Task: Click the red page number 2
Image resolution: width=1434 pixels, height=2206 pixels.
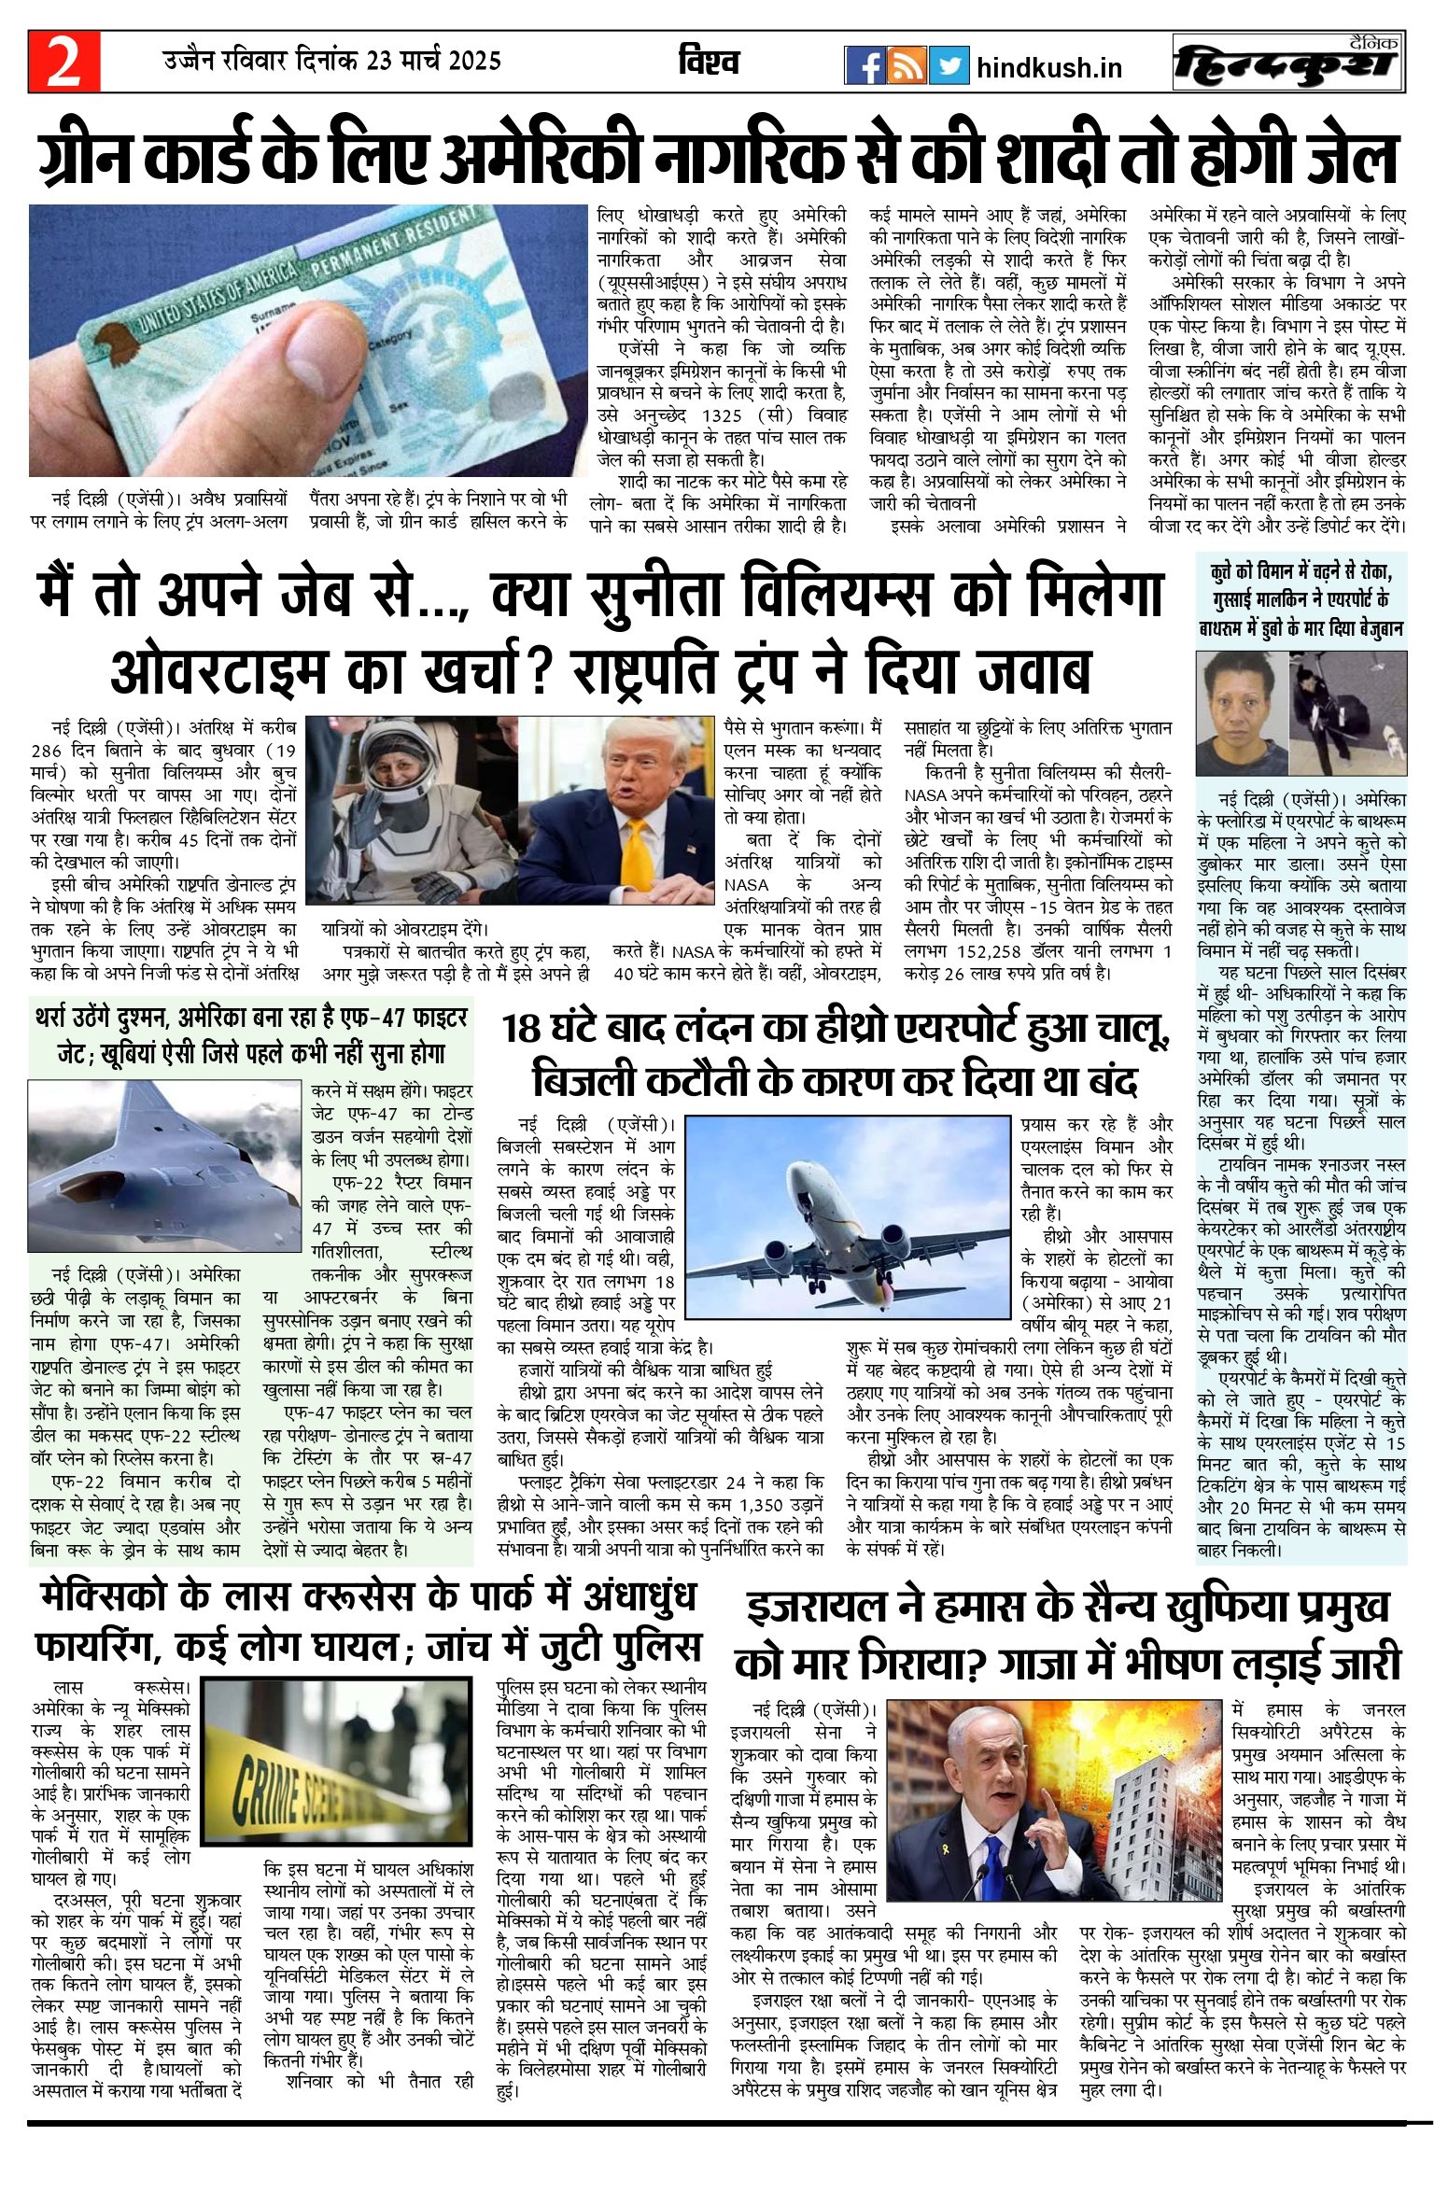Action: coord(63,62)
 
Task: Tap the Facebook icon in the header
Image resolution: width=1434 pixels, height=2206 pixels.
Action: coord(865,65)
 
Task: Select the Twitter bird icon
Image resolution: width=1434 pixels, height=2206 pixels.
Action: coord(949,65)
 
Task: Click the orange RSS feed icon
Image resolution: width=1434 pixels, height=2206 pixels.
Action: coord(907,65)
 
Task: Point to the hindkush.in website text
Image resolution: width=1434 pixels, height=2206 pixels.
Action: coord(1048,68)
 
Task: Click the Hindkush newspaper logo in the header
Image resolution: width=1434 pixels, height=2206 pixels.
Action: coord(1288,63)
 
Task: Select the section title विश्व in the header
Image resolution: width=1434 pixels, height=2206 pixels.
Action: coord(710,62)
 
